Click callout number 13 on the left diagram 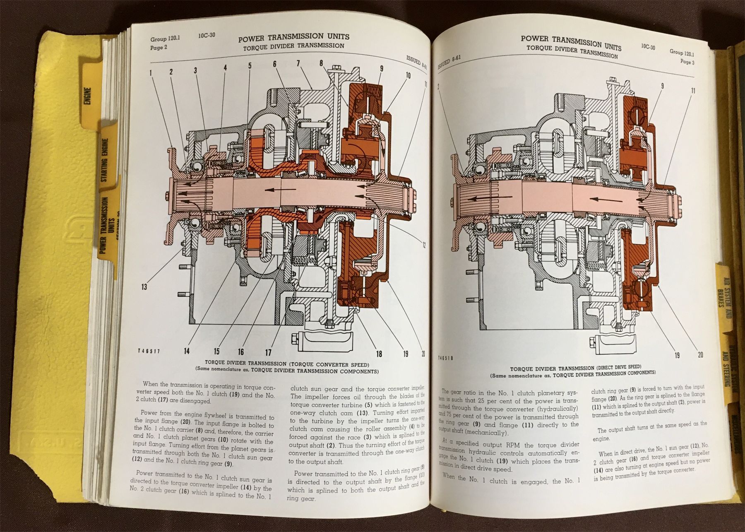pos(144,286)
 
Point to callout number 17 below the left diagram pos(268,352)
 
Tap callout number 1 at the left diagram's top pos(151,72)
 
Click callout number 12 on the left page pos(423,245)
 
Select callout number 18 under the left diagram pos(379,353)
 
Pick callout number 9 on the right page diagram pos(662,86)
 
